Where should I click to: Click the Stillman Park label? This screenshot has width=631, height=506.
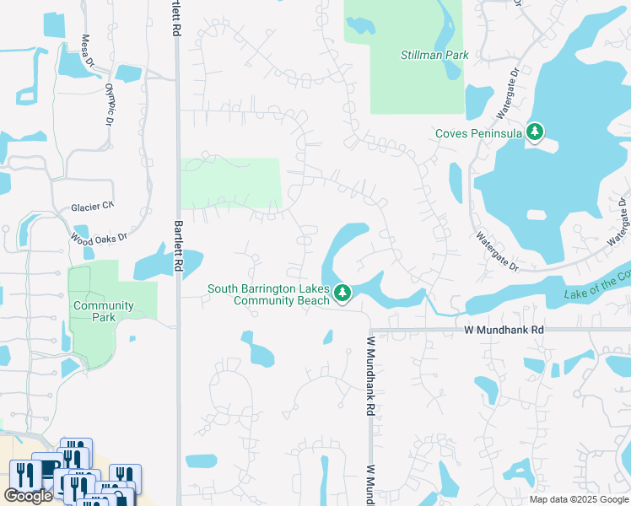pyautogui.click(x=434, y=56)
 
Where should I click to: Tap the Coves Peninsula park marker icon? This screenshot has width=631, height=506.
pyautogui.click(x=535, y=132)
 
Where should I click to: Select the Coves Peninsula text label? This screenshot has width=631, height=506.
pyautogui.click(x=477, y=133)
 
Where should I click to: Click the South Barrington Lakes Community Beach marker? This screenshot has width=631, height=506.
pyautogui.click(x=342, y=293)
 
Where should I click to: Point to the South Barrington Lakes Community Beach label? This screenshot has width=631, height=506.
pyautogui.click(x=268, y=294)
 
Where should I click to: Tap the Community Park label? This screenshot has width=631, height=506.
pyautogui.click(x=104, y=311)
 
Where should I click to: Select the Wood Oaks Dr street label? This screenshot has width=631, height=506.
pyautogui.click(x=99, y=239)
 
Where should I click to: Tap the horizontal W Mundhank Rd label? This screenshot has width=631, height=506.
pyautogui.click(x=500, y=331)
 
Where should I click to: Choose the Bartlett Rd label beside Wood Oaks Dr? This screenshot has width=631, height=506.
pyautogui.click(x=178, y=245)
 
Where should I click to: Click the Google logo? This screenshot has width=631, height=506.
pyautogui.click(x=28, y=496)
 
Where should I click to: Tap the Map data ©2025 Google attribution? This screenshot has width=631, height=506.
pyautogui.click(x=579, y=499)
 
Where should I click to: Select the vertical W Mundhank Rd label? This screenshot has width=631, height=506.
pyautogui.click(x=369, y=377)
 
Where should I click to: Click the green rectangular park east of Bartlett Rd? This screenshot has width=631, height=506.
pyautogui.click(x=229, y=183)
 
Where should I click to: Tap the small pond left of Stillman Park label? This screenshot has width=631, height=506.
pyautogui.click(x=359, y=25)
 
